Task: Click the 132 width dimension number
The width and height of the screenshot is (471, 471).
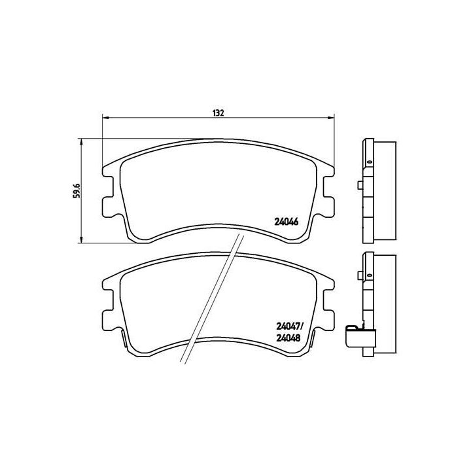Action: [218, 113]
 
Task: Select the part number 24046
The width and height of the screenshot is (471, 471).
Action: [285, 221]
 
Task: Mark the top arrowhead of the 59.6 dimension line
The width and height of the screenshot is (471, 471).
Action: [81, 141]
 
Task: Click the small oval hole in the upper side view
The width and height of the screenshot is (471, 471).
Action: [368, 162]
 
